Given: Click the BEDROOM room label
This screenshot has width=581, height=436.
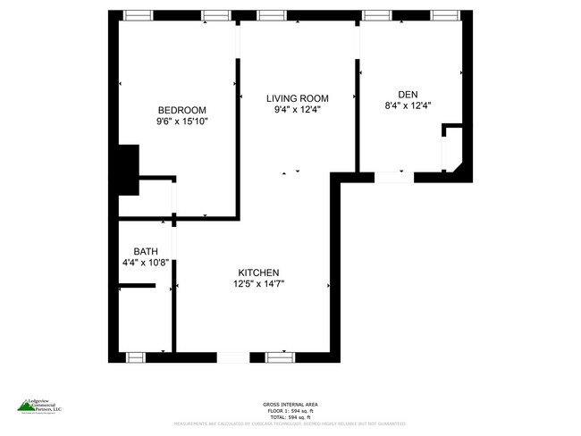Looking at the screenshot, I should point(182,110).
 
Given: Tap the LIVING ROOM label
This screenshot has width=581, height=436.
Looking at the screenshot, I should point(298,98).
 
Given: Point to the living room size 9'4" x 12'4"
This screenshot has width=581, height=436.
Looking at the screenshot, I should point(298,110).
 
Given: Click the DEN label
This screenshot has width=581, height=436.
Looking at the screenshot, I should point(408,94).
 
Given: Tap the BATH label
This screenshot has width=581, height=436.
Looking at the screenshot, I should point(146,251).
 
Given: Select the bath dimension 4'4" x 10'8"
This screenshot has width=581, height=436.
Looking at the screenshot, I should point(146,263).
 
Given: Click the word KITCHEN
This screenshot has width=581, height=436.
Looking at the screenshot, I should point(259,272).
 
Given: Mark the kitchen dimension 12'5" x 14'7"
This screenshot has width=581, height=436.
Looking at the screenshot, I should point(259,284).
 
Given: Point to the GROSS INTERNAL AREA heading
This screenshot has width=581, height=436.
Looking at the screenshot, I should point(290,404).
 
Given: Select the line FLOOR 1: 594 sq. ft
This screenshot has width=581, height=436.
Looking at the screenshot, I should point(290,411).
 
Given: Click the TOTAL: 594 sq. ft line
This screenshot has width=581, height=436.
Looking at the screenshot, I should point(290,417).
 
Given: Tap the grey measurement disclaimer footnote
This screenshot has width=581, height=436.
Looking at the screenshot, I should point(290,423).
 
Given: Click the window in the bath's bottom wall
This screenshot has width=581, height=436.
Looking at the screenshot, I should point(135,357).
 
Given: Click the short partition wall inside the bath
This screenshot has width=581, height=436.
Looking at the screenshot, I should point(137,286).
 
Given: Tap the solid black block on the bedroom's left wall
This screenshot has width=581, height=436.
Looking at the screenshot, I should point(129,169).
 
